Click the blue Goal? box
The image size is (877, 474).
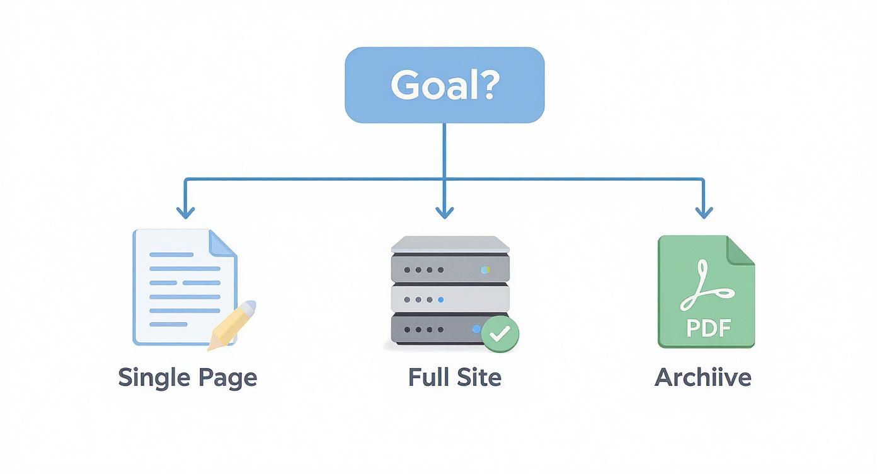pyautogui.click(x=444, y=85)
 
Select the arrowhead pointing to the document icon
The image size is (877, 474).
pyautogui.click(x=185, y=212)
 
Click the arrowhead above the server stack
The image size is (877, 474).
pyautogui.click(x=444, y=212)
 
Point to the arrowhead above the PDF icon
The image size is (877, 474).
pyautogui.click(x=703, y=212)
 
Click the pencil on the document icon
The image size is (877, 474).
pyautogui.click(x=232, y=324)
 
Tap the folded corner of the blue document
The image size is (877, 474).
pyautogui.click(x=222, y=242)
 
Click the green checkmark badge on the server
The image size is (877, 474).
pyautogui.click(x=500, y=334)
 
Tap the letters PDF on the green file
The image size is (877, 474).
pyautogui.click(x=707, y=328)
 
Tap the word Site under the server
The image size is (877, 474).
pyautogui.click(x=479, y=377)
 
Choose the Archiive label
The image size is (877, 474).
pyautogui.click(x=703, y=377)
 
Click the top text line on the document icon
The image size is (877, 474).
pyautogui.click(x=171, y=255)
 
